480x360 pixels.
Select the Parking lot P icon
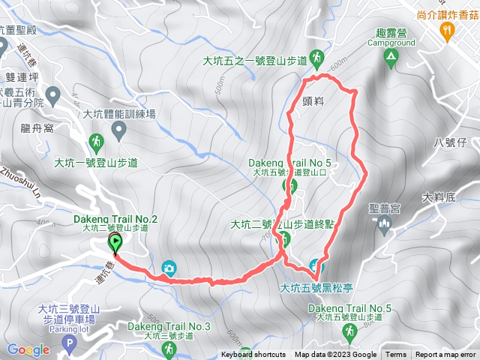70,345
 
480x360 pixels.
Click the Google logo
28,349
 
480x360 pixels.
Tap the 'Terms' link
396,355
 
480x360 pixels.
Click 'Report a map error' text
445,355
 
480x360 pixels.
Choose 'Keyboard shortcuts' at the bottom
253,355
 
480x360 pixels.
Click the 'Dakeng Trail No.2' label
116,218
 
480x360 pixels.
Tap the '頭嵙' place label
316,97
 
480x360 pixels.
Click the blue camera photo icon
169,267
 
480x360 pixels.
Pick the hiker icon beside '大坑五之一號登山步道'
318,58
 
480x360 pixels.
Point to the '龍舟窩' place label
37,127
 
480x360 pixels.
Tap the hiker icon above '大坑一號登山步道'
96,142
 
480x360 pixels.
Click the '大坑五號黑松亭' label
316,286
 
